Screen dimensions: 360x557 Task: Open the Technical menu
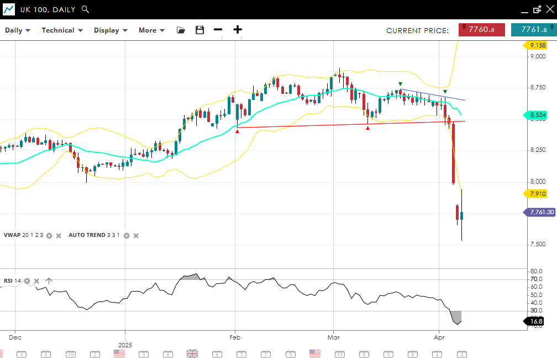[62, 30]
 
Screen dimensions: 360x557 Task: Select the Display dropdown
[111, 30]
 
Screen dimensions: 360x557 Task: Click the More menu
[151, 30]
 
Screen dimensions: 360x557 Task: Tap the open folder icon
[181, 30]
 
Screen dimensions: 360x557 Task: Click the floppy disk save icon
[200, 30]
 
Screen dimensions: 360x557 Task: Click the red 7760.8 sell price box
[481, 30]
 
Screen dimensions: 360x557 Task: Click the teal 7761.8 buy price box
[533, 30]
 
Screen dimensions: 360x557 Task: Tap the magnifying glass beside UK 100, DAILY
[85, 9]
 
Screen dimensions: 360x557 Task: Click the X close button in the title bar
[549, 9]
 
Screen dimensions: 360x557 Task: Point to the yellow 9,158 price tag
[536, 45]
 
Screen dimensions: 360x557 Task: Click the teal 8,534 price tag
[536, 115]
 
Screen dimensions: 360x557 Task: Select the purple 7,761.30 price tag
[540, 212]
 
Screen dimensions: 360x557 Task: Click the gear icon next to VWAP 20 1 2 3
[49, 235]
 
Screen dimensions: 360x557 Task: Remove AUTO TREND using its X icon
[136, 235]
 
